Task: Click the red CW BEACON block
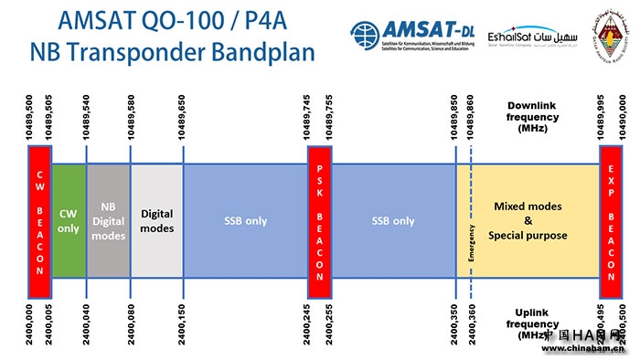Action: point(39,220)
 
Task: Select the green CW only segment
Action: point(69,220)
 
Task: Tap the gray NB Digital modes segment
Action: point(108,221)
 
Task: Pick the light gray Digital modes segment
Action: point(156,221)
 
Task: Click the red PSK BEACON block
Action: point(319,220)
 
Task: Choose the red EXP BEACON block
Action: point(611,220)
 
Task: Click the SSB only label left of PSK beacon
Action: point(244,221)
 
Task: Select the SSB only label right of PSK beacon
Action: point(393,221)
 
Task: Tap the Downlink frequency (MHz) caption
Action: point(531,116)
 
